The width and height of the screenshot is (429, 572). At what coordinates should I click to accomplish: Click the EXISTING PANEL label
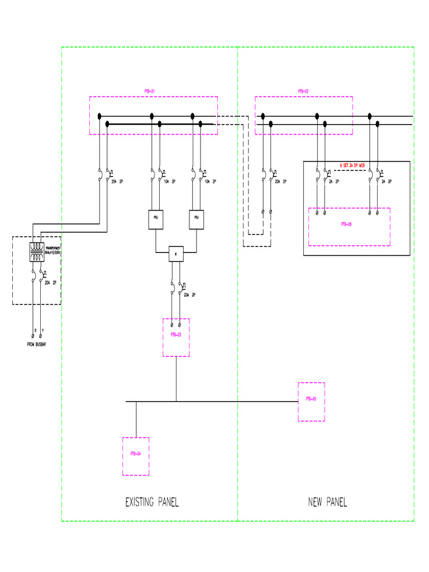click(152, 502)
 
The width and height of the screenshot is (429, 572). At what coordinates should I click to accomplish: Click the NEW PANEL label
click(327, 502)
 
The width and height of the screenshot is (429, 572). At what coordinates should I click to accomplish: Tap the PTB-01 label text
click(149, 91)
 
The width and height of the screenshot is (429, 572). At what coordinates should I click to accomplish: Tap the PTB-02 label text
click(303, 91)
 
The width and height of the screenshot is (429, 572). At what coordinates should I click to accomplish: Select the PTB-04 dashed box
click(136, 456)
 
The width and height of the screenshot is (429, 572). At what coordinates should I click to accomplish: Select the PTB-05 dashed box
click(311, 402)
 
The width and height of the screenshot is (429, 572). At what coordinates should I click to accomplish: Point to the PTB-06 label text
click(347, 223)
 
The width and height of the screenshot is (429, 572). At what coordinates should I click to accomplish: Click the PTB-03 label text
click(176, 335)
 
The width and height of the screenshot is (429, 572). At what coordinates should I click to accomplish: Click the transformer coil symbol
click(37, 252)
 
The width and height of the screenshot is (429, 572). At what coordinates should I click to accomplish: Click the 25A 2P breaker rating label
click(118, 182)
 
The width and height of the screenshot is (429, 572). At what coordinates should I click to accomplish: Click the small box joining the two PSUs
click(176, 254)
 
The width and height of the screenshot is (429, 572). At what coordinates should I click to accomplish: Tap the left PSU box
click(155, 220)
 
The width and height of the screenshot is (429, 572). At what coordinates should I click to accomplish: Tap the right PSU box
click(196, 220)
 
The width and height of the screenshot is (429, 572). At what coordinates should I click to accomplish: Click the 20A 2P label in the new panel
click(281, 182)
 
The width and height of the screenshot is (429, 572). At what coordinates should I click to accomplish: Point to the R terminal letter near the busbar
click(35, 330)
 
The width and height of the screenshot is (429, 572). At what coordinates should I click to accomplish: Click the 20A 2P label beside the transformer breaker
click(51, 283)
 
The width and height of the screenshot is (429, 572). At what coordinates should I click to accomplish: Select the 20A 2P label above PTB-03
click(189, 294)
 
